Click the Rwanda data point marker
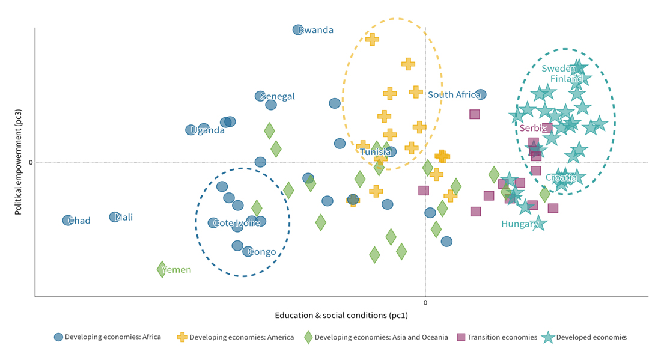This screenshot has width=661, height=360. pos(298,30)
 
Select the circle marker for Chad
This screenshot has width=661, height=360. pos(68,221)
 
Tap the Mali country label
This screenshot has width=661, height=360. pos(124,218)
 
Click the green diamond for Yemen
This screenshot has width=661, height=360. pos(162,269)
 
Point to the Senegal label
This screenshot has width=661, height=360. pos(278,97)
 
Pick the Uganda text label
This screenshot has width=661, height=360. pos(208,130)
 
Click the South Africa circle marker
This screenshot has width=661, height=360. pos(481,94)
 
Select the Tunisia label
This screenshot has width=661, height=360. pos(376,153)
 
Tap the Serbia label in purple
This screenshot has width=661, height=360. pos(534,129)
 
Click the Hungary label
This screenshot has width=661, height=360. pos(519,224)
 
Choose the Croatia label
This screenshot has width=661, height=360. pos(561,178)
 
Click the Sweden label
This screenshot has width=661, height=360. pos(559,69)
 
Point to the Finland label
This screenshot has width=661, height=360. pos(567,79)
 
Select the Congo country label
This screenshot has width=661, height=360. pos(262,252)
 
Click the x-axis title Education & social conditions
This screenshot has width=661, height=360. pos(341,316)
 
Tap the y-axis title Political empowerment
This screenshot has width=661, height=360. pos(19,162)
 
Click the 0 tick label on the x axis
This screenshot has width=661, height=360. pos(425,302)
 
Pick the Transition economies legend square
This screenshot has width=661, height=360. pos(461,337)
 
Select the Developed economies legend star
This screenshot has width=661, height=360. pos(548,337)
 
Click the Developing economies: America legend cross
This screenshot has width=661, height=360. pos(182,337)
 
